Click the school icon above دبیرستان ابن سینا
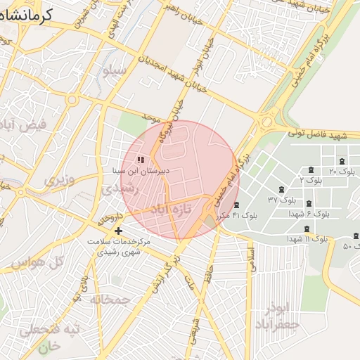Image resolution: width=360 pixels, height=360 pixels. click(x=141, y=160)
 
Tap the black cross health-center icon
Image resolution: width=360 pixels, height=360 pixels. click(x=118, y=231)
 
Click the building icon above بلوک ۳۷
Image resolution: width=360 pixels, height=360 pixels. click(x=281, y=190)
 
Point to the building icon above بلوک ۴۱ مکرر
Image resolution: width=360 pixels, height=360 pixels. click(x=236, y=205)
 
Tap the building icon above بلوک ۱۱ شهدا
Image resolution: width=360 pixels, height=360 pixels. click(x=307, y=229)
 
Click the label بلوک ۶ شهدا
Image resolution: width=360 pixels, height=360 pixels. click(x=309, y=212)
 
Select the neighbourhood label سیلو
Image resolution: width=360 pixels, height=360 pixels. click(x=114, y=71)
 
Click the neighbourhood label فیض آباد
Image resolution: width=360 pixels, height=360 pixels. click(x=25, y=127)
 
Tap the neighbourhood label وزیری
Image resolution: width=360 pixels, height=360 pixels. click(x=59, y=181)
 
